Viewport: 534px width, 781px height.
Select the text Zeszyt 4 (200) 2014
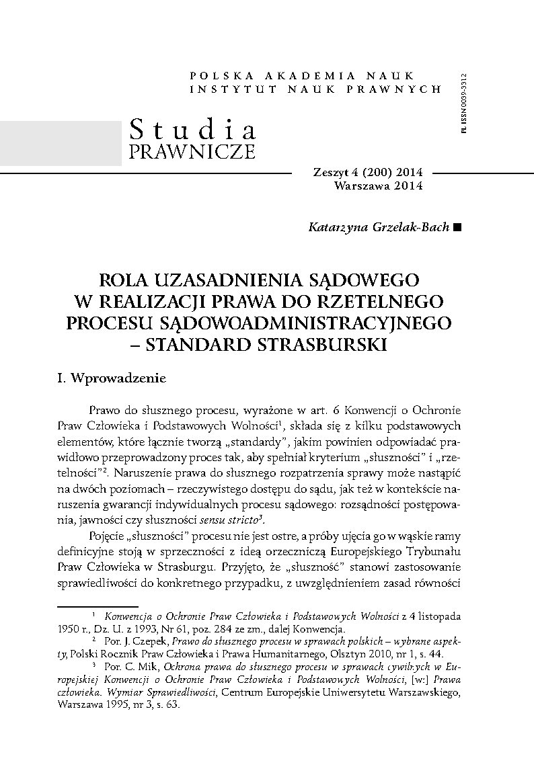[x=369, y=173]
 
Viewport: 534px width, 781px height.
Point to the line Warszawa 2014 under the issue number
[x=378, y=186]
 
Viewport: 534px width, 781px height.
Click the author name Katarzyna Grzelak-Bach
[x=379, y=227]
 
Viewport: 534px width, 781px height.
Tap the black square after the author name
[x=458, y=228]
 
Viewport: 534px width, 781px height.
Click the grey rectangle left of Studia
[x=60, y=142]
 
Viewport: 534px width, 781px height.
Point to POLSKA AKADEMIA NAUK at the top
[x=303, y=76]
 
